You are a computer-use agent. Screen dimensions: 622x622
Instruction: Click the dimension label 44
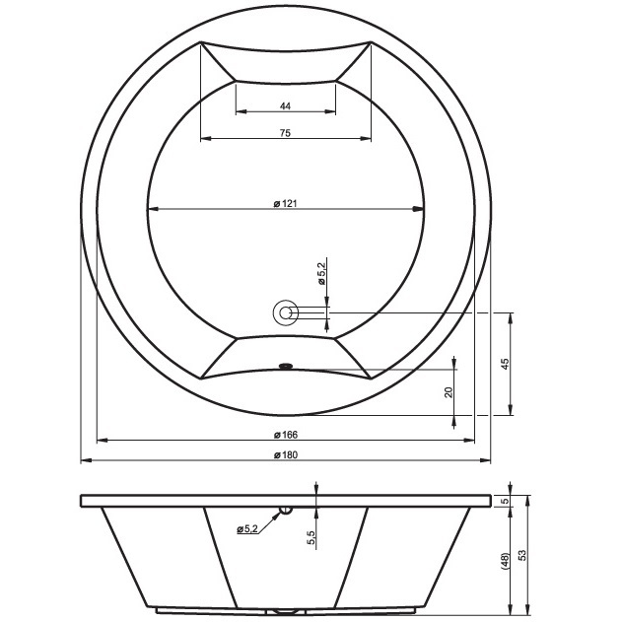(x=285, y=105)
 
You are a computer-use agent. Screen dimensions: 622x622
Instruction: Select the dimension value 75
(x=285, y=133)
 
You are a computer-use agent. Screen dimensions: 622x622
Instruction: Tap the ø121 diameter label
(x=285, y=203)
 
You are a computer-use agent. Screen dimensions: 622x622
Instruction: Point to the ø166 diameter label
(x=285, y=435)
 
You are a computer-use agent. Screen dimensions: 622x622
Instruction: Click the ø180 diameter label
(x=285, y=455)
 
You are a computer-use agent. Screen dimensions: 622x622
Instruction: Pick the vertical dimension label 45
(x=505, y=364)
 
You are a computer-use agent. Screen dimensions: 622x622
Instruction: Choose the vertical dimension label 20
(x=449, y=392)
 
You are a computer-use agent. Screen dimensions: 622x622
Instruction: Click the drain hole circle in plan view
(x=285, y=313)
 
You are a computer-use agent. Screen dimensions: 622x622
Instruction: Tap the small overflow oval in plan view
(x=285, y=366)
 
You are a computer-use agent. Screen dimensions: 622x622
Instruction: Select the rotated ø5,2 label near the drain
(x=321, y=273)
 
